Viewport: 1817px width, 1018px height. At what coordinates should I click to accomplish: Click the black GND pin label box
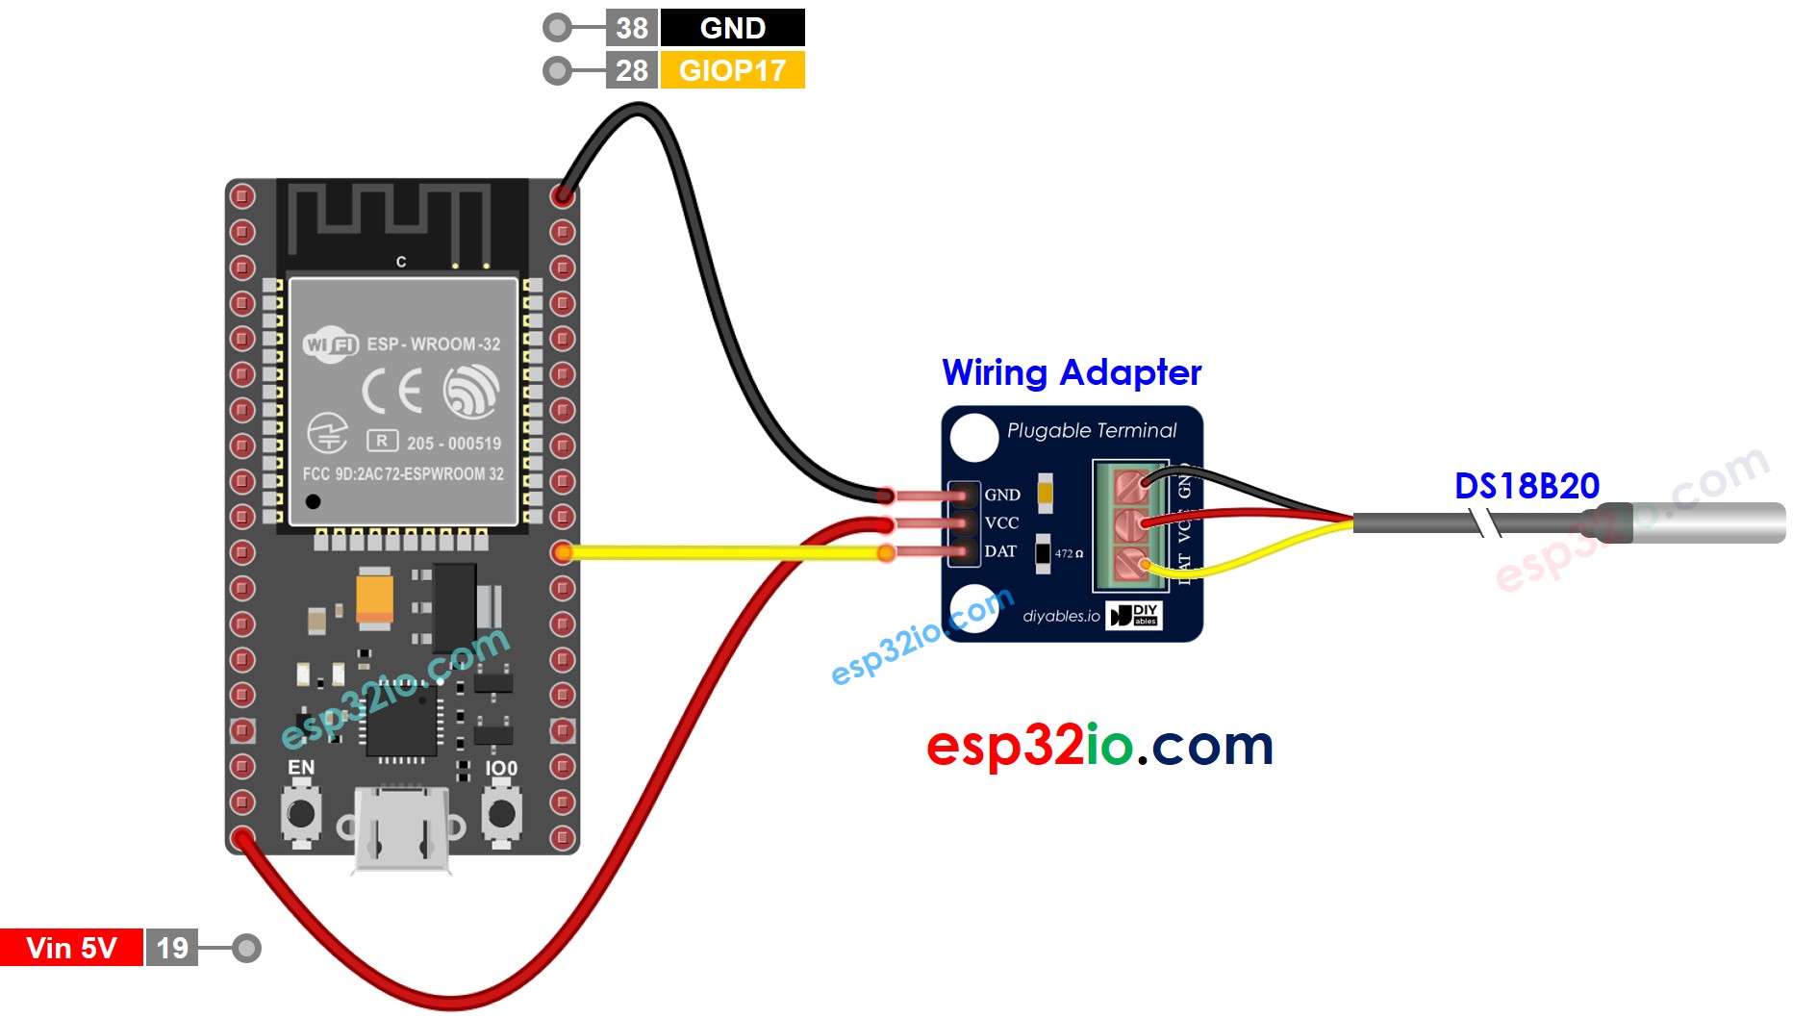click(x=732, y=28)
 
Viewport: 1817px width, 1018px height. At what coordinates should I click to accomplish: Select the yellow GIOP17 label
click(x=732, y=70)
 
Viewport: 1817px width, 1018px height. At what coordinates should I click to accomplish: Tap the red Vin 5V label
click(x=71, y=948)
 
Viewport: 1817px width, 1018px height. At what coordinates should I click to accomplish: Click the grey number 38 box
click(x=631, y=28)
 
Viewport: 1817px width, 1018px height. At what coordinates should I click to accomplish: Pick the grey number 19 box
click(x=172, y=948)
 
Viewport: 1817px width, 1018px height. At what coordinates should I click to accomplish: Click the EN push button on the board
click(x=301, y=814)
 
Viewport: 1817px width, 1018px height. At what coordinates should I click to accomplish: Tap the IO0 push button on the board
click(x=501, y=814)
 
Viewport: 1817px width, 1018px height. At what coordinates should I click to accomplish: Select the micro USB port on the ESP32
click(x=400, y=829)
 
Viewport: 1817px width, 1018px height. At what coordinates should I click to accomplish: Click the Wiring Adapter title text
click(x=1072, y=372)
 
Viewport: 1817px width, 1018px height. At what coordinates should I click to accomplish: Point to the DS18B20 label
click(x=1527, y=486)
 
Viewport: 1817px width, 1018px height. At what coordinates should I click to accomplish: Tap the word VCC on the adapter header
click(x=1001, y=522)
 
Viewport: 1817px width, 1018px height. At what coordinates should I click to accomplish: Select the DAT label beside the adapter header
click(x=1000, y=551)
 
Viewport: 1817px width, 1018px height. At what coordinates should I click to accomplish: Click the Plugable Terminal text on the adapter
click(x=1092, y=430)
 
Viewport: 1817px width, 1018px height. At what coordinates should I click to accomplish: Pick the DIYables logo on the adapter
click(x=1134, y=616)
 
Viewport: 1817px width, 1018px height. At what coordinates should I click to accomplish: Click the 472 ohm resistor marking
click(x=1068, y=553)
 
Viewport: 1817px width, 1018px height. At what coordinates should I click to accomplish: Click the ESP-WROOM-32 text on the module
click(x=433, y=344)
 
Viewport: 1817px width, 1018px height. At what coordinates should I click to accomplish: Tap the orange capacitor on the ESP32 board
click(x=374, y=597)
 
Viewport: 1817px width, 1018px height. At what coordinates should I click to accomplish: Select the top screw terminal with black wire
click(x=1132, y=483)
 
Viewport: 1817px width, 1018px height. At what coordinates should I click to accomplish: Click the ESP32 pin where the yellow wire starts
click(x=563, y=551)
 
